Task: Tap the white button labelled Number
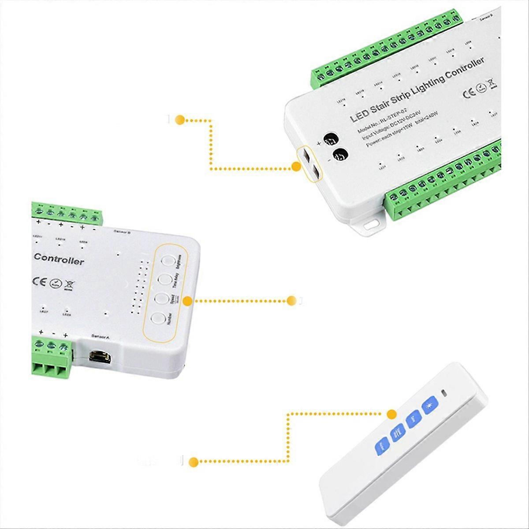click(x=157, y=319)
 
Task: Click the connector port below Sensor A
click(x=100, y=356)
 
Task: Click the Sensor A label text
click(x=100, y=336)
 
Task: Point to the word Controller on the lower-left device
click(x=59, y=259)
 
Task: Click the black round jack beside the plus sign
click(x=330, y=138)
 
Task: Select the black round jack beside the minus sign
click(x=340, y=155)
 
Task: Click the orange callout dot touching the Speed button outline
click(x=187, y=301)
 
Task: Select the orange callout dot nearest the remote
click(x=391, y=414)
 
